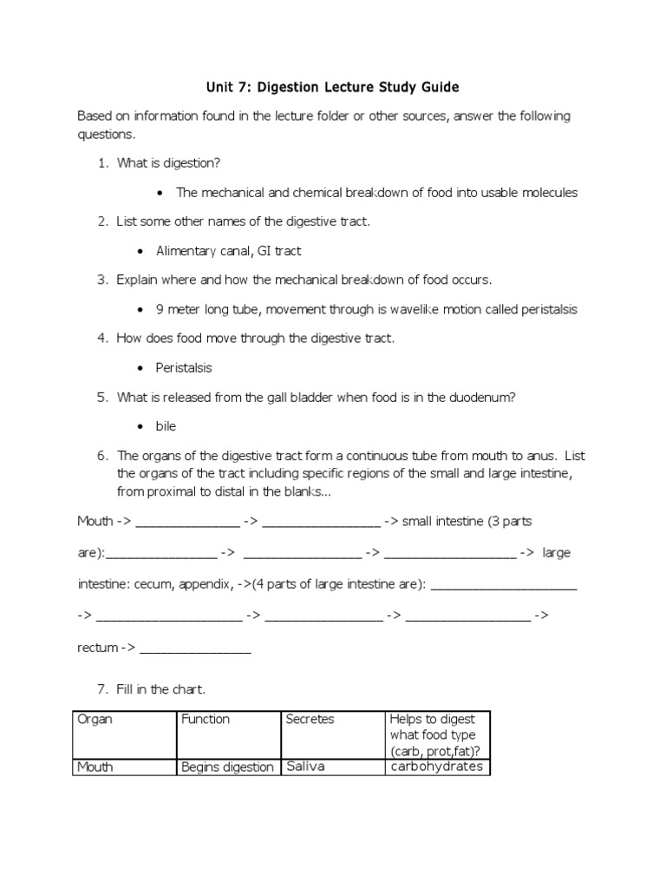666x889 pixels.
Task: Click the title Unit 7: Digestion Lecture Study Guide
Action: coord(332,87)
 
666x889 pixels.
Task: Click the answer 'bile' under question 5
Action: coord(166,426)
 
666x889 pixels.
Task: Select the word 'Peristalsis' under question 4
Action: coord(184,367)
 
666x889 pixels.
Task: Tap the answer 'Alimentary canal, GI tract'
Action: coord(228,251)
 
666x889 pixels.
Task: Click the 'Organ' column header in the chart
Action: coord(95,719)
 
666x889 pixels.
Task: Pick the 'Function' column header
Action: coord(206,719)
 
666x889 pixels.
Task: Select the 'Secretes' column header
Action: coord(310,719)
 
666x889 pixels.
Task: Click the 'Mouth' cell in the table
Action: coord(96,767)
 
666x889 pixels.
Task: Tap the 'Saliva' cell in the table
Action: coord(304,767)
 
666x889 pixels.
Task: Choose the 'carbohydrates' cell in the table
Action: coord(436,767)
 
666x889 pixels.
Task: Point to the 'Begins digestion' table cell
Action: coord(227,767)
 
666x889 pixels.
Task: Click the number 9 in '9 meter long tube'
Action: coord(160,309)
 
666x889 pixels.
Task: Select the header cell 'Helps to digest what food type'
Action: coord(437,734)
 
